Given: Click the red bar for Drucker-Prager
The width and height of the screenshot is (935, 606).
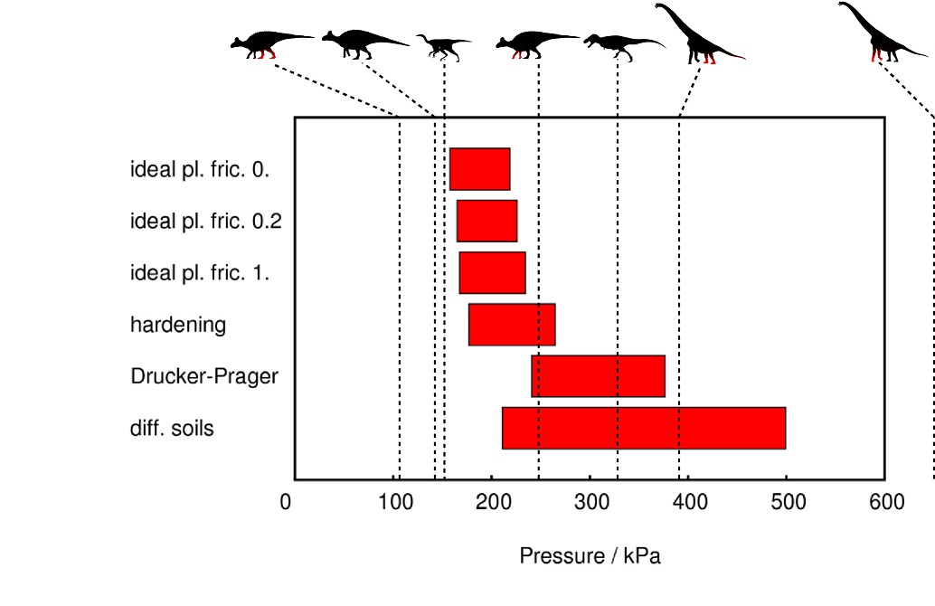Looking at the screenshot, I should coord(598,376).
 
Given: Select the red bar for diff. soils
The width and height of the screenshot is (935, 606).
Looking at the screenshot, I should coord(644,428).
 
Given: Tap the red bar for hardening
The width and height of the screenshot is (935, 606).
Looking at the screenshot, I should coord(512,325).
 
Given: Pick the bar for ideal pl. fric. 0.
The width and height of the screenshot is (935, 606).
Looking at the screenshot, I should coord(480,169).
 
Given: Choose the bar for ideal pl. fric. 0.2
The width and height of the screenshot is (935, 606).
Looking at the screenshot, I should coord(486,221).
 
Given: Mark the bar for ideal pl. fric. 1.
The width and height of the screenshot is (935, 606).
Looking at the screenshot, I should coord(492,273).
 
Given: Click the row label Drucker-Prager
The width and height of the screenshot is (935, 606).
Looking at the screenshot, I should coord(204,376).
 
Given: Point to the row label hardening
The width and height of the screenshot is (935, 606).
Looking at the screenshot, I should coord(178,325).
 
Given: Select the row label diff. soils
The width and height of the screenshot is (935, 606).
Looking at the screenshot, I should coord(173,428).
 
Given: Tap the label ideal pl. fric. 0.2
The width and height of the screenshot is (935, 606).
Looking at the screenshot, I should coord(207,221).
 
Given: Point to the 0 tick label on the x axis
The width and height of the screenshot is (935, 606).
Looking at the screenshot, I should coord(286,503).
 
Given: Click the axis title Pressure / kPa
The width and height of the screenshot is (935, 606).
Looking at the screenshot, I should coord(590,556).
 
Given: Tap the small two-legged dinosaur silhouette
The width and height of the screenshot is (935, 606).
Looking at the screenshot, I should coord(442,44).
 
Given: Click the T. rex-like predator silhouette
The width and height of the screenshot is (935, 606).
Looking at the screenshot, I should coord(620,42).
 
